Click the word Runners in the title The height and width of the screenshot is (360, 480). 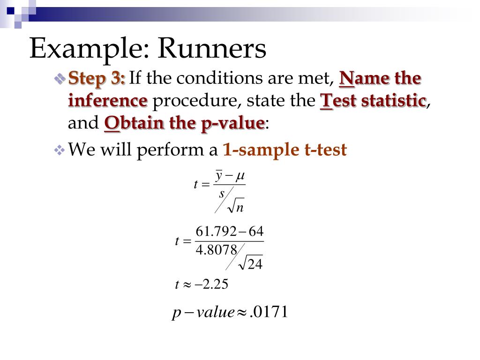(212, 49)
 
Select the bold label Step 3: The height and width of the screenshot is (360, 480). (97, 78)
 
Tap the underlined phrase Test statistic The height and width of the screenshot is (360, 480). (373, 101)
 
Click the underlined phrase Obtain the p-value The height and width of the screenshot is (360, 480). (184, 123)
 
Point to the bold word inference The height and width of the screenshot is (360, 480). (108, 101)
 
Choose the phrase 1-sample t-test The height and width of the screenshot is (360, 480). (285, 150)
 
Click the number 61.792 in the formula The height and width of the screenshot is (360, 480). (214, 232)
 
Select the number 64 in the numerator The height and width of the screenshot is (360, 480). (256, 232)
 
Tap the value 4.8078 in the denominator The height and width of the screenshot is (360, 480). (217, 249)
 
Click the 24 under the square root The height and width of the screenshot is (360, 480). (255, 265)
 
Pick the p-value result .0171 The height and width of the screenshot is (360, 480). (269, 312)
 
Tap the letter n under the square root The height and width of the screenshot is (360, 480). (240, 208)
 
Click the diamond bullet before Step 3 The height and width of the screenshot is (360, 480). (60, 79)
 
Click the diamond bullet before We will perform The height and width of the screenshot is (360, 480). (60, 150)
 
